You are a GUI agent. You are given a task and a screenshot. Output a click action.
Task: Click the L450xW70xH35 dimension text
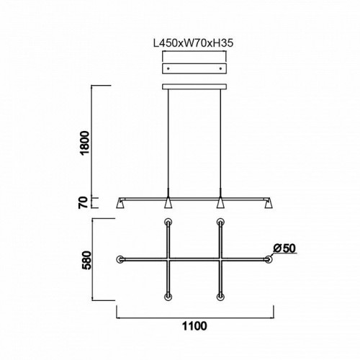pos(193,43)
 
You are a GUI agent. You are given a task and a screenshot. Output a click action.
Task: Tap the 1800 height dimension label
pos(85,143)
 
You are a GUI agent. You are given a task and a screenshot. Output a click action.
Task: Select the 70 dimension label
pos(84,202)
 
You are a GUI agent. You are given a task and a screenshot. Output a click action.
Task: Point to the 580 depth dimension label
pos(86,260)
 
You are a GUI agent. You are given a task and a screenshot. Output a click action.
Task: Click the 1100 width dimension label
pos(194,326)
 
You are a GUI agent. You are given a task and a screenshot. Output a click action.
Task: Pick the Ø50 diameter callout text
pos(284,248)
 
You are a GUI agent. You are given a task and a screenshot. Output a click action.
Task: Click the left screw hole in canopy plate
pos(168,68)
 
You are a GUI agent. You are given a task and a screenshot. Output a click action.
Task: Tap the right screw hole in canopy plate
pos(221,68)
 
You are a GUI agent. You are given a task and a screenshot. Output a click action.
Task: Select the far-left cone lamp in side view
pos(120,203)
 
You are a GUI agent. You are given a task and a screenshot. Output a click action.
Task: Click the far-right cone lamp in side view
pos(269,203)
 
